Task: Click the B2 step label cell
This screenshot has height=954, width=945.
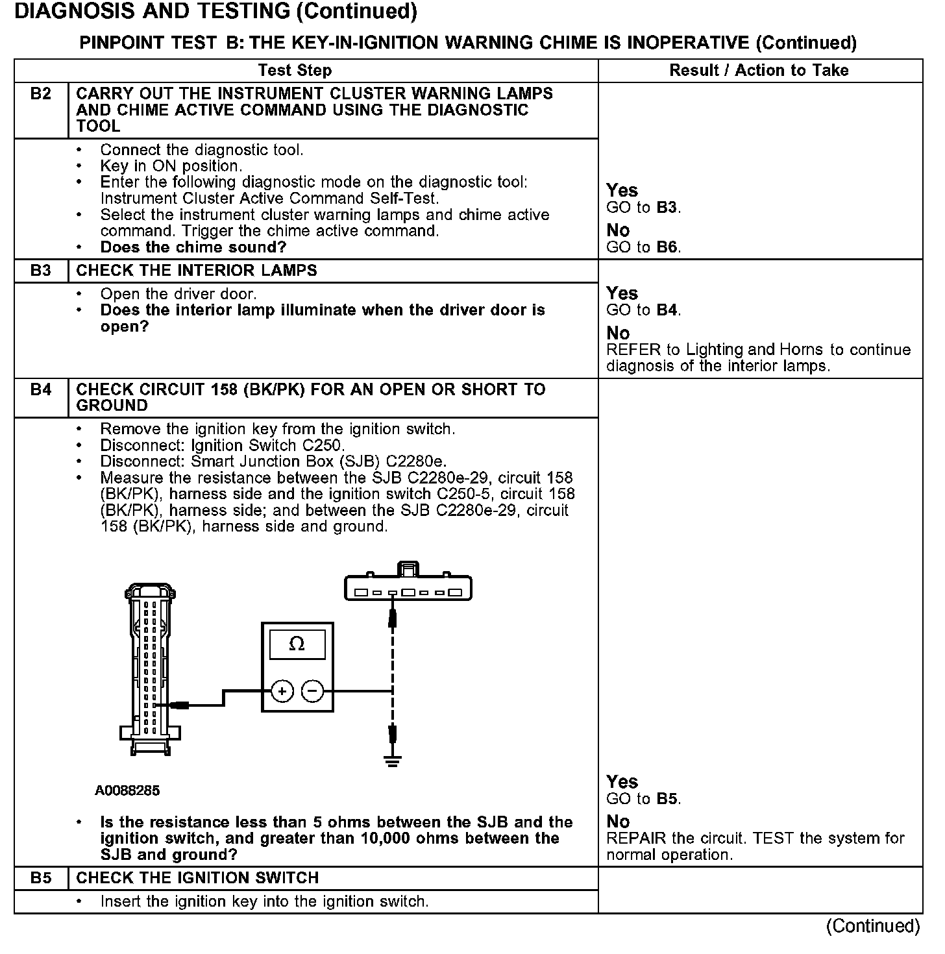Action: (40, 94)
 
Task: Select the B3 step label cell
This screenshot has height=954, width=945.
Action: (40, 271)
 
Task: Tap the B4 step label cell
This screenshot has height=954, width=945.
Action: (40, 390)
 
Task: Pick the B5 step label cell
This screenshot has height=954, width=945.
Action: (40, 878)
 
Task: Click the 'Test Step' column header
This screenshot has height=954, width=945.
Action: (295, 70)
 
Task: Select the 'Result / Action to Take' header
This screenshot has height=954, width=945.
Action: (759, 70)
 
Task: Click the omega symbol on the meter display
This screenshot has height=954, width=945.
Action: (297, 644)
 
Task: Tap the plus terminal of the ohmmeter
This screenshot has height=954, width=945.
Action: (282, 691)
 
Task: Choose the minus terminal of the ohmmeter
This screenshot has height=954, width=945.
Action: (313, 691)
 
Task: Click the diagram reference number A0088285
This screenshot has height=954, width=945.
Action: (127, 790)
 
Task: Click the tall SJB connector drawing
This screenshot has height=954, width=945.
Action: (150, 668)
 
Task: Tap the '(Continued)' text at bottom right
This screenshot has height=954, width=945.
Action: (873, 926)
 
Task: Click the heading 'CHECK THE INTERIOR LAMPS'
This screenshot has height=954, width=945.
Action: (197, 271)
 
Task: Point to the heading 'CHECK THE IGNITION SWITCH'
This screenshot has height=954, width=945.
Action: (197, 878)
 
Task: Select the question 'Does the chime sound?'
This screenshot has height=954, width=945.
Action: (193, 247)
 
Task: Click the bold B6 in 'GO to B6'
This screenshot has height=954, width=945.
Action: (667, 247)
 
